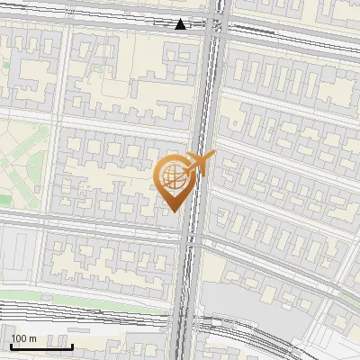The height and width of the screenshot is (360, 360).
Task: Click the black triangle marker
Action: point(181,24)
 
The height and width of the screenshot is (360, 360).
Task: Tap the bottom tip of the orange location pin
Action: point(174,211)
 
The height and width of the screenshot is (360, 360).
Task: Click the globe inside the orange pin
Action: point(174,178)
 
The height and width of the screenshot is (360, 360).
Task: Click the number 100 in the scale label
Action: point(20,338)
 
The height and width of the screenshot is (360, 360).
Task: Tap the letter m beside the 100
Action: point(32,338)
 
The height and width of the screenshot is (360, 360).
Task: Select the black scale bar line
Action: point(41,346)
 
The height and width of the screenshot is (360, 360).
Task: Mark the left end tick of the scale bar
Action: point(11,345)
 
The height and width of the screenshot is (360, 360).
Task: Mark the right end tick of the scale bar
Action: point(72,345)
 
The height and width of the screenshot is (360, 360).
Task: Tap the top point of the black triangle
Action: point(181,19)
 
